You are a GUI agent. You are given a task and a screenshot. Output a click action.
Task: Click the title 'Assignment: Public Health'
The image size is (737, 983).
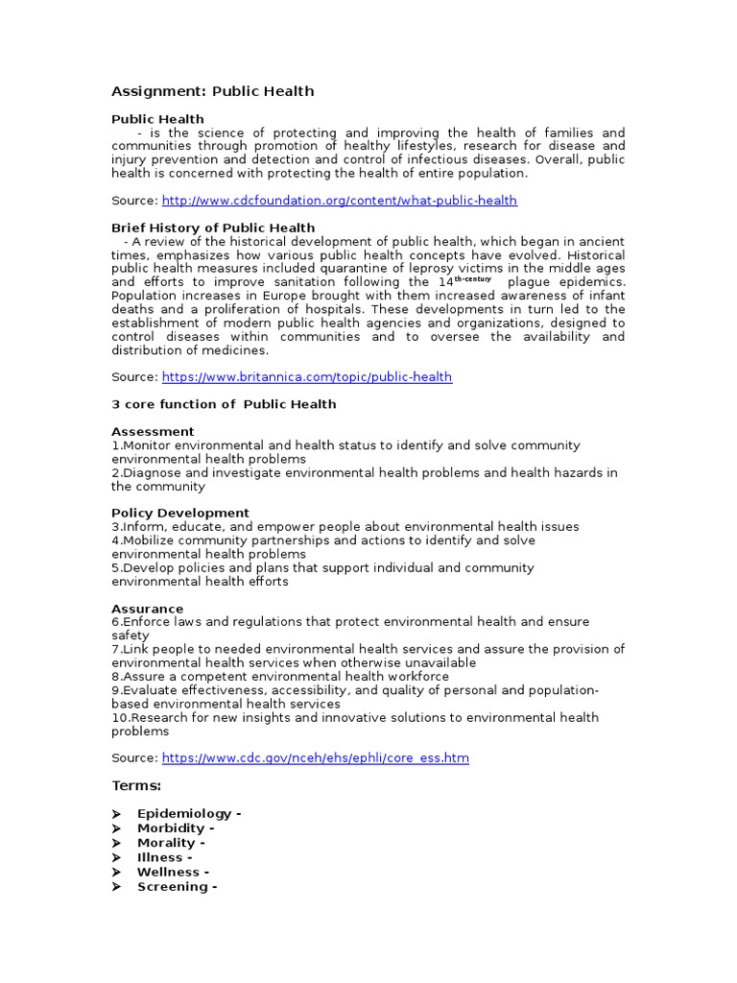212,91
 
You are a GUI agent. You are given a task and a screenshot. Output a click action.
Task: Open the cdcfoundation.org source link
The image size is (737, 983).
339,201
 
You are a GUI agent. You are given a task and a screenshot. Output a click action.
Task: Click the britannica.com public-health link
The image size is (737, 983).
306,377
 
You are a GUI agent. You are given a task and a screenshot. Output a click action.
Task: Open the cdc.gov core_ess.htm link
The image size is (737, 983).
315,758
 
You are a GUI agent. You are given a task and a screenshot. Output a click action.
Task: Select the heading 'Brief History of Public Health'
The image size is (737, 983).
213,228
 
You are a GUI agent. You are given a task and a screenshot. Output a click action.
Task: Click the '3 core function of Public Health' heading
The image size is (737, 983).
224,404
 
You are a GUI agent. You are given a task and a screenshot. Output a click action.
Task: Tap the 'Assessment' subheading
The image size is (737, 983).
153,432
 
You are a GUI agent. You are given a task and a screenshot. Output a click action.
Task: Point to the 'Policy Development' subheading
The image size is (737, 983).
180,513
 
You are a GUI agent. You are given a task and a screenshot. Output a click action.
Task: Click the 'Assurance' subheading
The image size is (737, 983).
147,609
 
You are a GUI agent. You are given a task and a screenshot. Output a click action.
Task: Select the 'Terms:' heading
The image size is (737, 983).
136,786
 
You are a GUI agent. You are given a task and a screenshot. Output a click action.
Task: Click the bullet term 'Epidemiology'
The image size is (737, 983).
184,814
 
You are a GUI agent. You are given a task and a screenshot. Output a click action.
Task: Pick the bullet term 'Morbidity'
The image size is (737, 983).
172,828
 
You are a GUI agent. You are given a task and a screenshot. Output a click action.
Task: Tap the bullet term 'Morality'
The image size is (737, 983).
167,843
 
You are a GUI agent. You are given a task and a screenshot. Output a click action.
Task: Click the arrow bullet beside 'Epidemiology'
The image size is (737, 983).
116,814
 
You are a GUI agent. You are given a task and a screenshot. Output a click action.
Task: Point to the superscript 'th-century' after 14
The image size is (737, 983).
473,279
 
